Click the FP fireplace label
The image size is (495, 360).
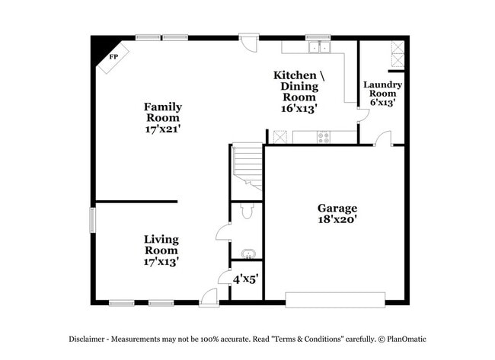click(x=114, y=57)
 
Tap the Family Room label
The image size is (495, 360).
click(x=163, y=113)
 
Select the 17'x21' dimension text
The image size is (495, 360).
click(x=163, y=129)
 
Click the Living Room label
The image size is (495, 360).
click(x=161, y=244)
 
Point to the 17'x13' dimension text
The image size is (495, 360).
click(x=161, y=261)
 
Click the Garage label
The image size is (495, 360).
click(x=337, y=208)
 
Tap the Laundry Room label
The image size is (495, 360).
click(x=382, y=89)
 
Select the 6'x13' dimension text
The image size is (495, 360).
click(x=382, y=102)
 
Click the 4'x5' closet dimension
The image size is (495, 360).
click(x=246, y=279)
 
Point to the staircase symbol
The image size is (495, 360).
click(x=247, y=165)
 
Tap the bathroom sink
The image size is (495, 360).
click(x=247, y=253)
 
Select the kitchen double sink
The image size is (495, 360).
click(x=319, y=47)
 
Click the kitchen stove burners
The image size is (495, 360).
click(x=324, y=138)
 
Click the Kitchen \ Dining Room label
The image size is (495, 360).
click(x=299, y=86)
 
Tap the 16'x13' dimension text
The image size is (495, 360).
click(x=299, y=108)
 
